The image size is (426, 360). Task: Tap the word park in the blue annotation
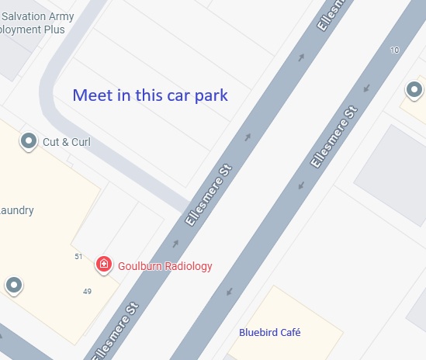210,96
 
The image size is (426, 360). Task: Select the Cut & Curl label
67,142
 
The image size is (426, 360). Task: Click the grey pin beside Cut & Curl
29,141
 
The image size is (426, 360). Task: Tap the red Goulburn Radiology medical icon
103,265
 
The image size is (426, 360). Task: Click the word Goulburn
139,266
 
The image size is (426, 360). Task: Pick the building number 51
78,256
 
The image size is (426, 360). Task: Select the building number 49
87,291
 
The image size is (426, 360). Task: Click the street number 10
396,50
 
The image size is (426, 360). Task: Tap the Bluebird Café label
269,333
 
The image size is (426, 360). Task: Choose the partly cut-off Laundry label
17,210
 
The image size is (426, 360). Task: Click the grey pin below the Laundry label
13,286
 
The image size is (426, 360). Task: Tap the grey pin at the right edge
416,90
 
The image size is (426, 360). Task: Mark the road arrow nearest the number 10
365,88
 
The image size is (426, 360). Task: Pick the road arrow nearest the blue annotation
248,137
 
